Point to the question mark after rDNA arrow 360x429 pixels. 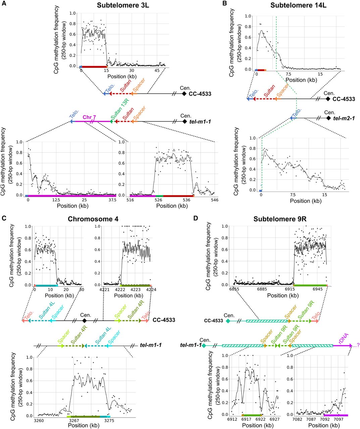(x=357, y=346)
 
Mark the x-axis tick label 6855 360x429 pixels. (x=237, y=290)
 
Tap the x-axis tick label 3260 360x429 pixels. (x=39, y=420)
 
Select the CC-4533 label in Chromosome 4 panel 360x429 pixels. (x=164, y=320)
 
